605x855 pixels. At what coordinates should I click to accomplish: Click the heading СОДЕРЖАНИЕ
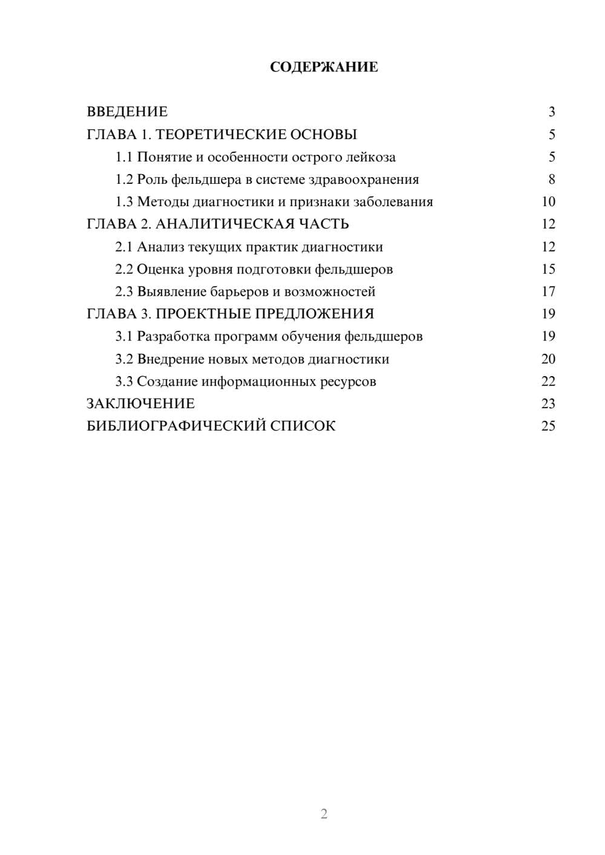[x=324, y=67]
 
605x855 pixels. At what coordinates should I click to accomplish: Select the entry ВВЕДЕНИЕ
[x=127, y=112]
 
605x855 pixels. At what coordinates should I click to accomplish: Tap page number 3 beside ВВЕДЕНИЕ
[x=551, y=112]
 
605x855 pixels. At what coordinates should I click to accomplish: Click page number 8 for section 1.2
[x=551, y=180]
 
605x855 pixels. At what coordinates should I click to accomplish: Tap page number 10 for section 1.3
[x=548, y=202]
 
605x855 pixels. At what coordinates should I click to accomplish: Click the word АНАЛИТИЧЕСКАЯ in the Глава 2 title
[x=224, y=224]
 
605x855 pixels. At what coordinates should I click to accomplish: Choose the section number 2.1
[x=124, y=247]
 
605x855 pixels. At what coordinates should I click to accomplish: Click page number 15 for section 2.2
[x=548, y=269]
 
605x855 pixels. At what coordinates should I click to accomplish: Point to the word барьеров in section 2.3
[x=238, y=292]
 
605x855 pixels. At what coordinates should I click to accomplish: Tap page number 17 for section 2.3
[x=548, y=292]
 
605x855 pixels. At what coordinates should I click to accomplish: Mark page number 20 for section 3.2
[x=548, y=359]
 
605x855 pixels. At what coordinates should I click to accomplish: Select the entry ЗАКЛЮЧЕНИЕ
[x=141, y=403]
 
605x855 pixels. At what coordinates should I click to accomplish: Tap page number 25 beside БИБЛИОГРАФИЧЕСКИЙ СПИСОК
[x=548, y=426]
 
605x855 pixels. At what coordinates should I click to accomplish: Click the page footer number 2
[x=324, y=814]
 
